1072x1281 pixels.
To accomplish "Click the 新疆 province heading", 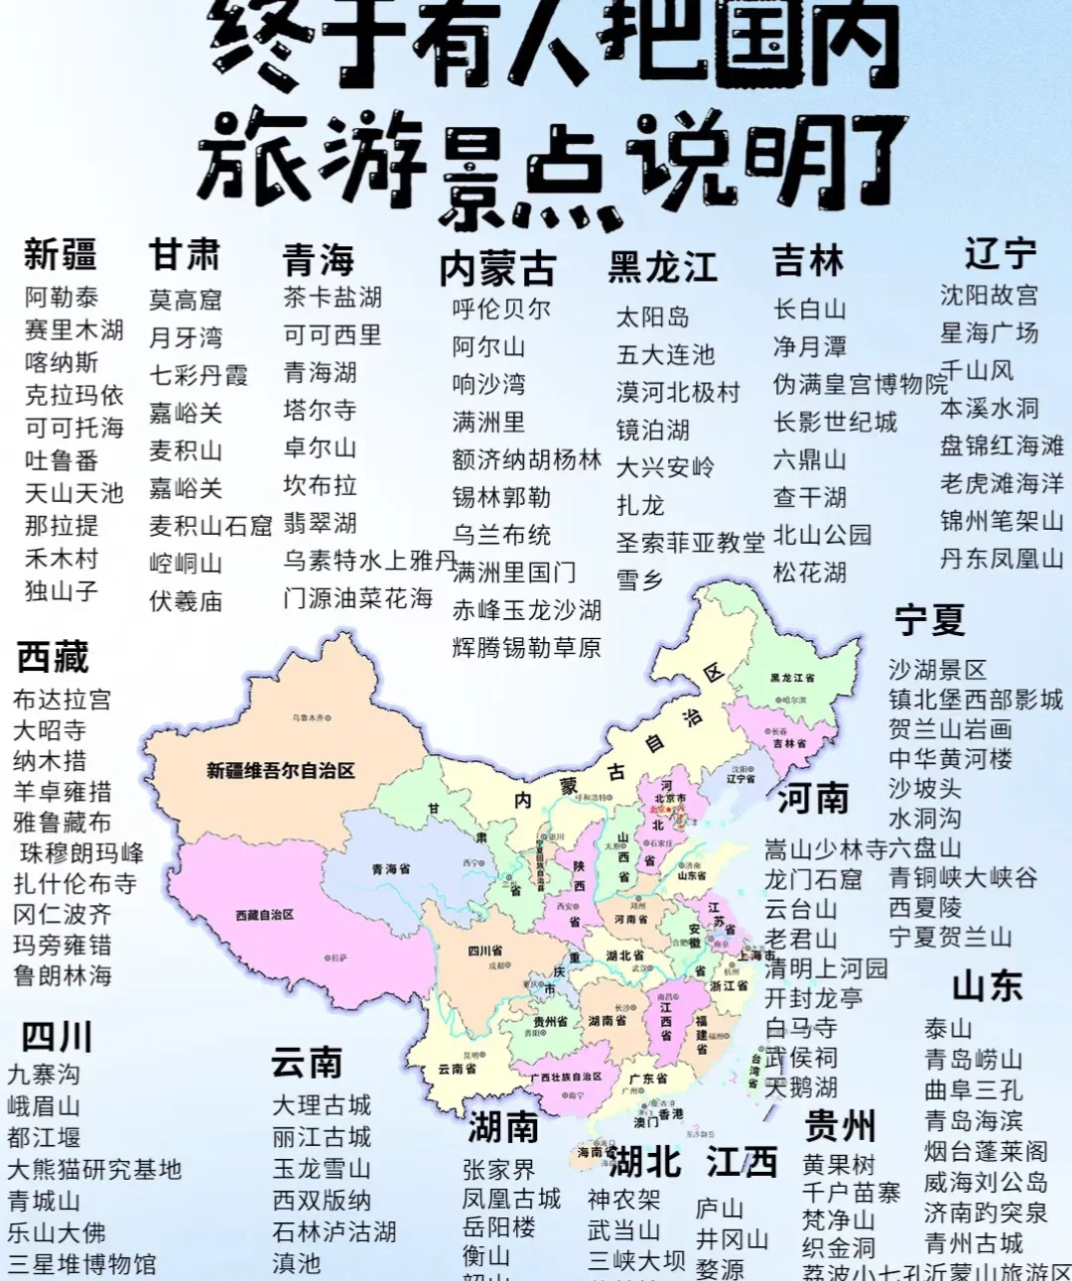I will (61, 255).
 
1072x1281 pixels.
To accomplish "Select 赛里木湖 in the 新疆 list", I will (74, 329).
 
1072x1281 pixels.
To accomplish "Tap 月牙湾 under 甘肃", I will (186, 337).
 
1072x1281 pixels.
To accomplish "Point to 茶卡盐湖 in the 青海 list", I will (333, 297).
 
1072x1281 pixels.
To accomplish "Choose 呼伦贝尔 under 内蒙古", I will (501, 309).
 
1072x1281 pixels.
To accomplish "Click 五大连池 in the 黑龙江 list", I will (665, 354).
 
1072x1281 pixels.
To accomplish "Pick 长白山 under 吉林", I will (810, 309).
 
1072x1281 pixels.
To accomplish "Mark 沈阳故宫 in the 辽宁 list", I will (989, 295).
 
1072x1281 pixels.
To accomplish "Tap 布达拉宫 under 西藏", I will (62, 700).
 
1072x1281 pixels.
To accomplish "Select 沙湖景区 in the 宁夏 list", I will (937, 670).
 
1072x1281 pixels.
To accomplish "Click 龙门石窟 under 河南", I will (813, 879).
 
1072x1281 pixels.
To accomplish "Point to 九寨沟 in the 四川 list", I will (44, 1075).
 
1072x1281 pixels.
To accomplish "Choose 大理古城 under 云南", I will (322, 1105).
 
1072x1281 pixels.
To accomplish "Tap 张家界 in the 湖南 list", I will (498, 1170).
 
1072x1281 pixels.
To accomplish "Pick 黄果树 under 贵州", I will (839, 1164).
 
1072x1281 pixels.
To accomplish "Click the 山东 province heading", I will (987, 985).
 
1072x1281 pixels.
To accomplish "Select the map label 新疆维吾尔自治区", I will (281, 770).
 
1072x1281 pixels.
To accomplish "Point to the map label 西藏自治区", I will (265, 914).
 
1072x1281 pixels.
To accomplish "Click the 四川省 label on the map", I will (485, 951).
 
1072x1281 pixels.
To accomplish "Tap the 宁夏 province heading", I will (929, 620).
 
